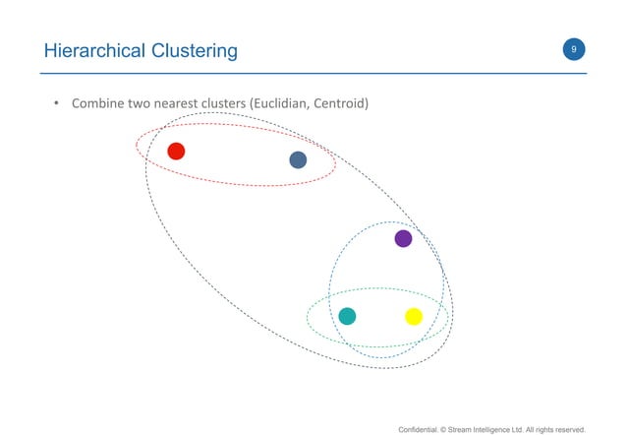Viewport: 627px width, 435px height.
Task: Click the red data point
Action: click(x=176, y=151)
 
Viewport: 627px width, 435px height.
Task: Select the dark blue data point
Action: click(x=298, y=159)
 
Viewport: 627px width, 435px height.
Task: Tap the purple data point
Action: click(x=402, y=238)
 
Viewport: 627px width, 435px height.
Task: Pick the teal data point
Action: click(x=346, y=316)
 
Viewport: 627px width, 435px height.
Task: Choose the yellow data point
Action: click(x=414, y=316)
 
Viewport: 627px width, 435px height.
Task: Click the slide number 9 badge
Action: click(x=572, y=48)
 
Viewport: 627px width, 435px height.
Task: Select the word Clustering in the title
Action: click(x=189, y=50)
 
